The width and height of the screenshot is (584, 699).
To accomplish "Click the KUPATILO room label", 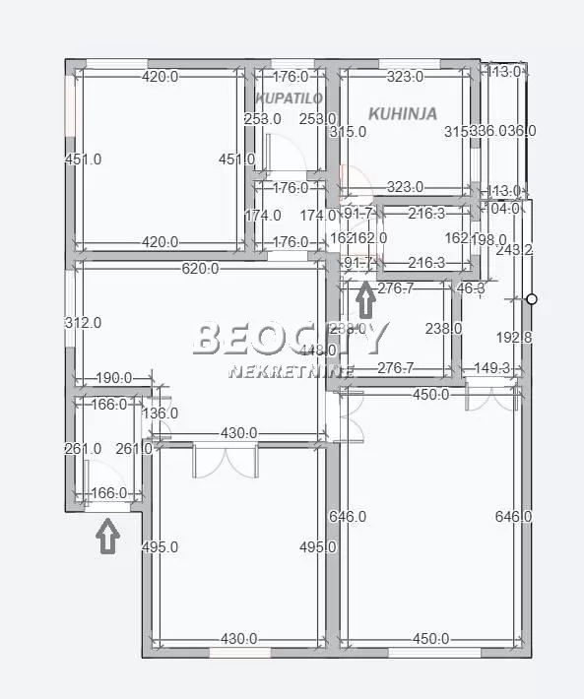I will (290, 98).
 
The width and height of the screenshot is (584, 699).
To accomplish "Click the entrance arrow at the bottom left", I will (107, 536).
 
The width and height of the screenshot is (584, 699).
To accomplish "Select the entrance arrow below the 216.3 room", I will (364, 295).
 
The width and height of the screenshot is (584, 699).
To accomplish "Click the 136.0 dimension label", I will (160, 413).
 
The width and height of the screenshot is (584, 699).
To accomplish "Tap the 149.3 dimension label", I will (491, 369).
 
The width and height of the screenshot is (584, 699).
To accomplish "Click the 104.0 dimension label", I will (505, 209).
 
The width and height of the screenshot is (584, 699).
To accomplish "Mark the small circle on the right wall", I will (532, 298).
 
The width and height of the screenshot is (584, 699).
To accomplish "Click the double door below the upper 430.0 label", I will (226, 460).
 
